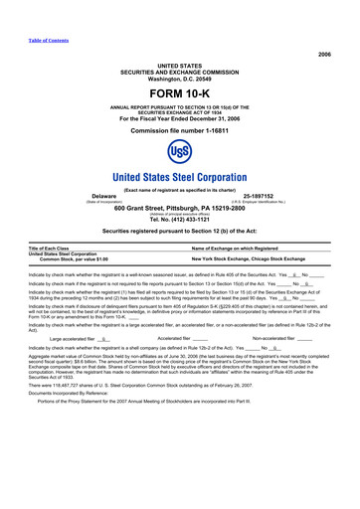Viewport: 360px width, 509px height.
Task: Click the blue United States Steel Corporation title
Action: (x=179, y=179)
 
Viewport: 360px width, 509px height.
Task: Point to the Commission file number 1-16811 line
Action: (x=179, y=129)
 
